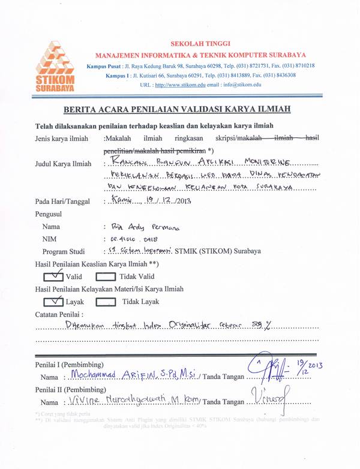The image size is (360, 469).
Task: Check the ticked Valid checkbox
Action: (55, 276)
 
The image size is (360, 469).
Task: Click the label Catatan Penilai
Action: (59, 313)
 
